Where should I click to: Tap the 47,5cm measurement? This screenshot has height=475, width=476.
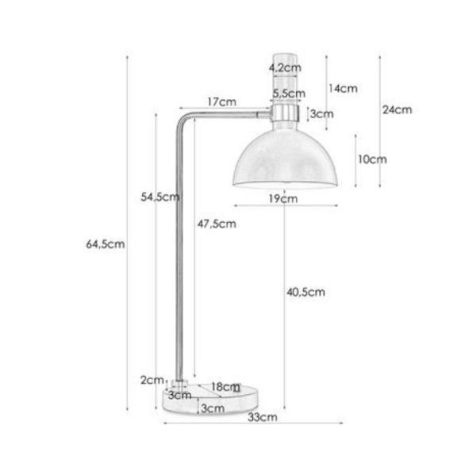pyautogui.click(x=217, y=224)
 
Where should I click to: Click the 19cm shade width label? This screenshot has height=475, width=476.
pyautogui.click(x=283, y=198)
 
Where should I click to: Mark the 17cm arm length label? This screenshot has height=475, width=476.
pyautogui.click(x=221, y=102)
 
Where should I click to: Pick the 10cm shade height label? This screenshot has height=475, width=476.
pyautogui.click(x=371, y=159)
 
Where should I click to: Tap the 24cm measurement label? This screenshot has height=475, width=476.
pyautogui.click(x=397, y=109)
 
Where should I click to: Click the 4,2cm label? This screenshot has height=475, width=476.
pyautogui.click(x=284, y=68)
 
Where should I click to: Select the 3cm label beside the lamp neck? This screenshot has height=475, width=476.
pyautogui.click(x=321, y=114)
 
